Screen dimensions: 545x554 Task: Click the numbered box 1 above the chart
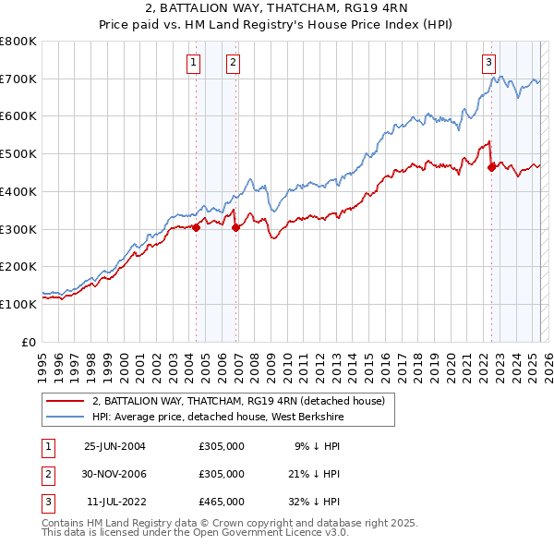coord(194,63)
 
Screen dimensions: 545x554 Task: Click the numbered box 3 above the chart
coord(488,63)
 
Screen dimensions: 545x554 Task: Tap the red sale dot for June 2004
coord(197,227)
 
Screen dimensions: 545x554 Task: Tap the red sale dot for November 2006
coord(236,227)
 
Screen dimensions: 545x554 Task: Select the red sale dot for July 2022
coord(491,167)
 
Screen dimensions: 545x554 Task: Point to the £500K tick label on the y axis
coord(18,153)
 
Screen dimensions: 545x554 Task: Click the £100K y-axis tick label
coord(18,304)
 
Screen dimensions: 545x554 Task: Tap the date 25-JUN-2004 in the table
coord(114,446)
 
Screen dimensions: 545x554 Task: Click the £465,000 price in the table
coord(222,502)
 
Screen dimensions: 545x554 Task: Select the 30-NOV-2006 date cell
coord(114,474)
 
